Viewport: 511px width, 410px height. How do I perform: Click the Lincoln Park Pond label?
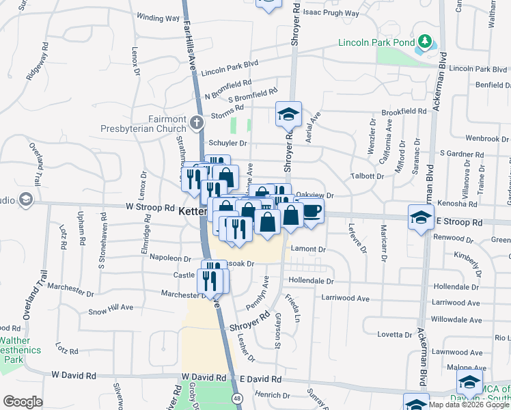[x=376, y=42]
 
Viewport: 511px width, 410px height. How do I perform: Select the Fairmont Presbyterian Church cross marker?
[x=197, y=123]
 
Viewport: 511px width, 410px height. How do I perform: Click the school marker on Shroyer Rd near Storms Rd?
[x=288, y=114]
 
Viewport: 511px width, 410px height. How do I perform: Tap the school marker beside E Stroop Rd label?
[x=421, y=219]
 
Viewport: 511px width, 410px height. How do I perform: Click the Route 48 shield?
[x=236, y=397]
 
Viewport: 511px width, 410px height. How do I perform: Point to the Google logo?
[x=23, y=402]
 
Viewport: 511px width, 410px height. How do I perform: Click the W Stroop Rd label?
[x=150, y=207]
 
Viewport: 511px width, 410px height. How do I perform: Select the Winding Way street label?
[x=158, y=16]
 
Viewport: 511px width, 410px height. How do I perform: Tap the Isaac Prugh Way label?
[x=331, y=12]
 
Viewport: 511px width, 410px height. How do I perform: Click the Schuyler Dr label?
[x=227, y=143]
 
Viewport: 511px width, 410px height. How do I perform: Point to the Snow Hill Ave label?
[x=111, y=309]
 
